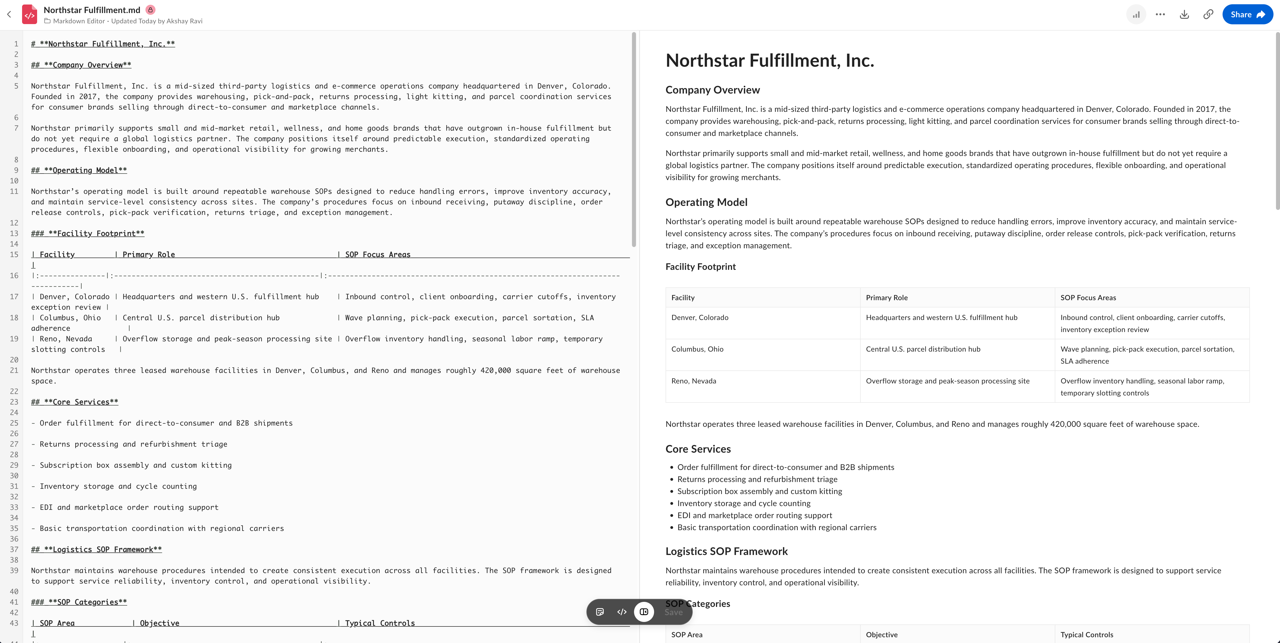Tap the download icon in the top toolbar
pyautogui.click(x=1184, y=14)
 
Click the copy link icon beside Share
pyautogui.click(x=1208, y=14)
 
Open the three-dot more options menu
pyautogui.click(x=1160, y=14)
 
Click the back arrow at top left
pyautogui.click(x=9, y=14)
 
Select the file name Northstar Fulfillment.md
pyautogui.click(x=92, y=10)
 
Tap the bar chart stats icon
pyautogui.click(x=1136, y=14)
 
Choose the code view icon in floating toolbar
pyautogui.click(x=622, y=612)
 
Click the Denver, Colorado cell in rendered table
pyautogui.click(x=700, y=317)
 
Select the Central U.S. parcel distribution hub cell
pyautogui.click(x=923, y=349)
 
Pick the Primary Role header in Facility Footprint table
pyautogui.click(x=887, y=298)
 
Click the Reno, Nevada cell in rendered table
pyautogui.click(x=694, y=381)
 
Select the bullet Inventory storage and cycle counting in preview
pyautogui.click(x=743, y=503)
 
